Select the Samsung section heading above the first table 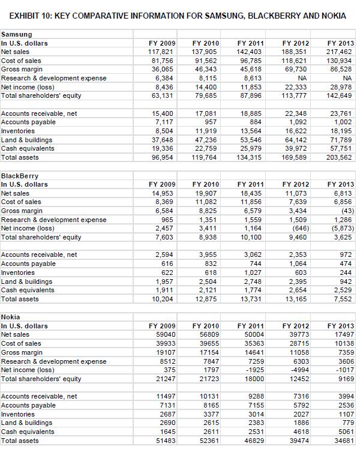[17, 35]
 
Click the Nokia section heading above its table [11, 317]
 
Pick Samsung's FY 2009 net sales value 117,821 [161, 52]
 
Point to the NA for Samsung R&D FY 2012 [304, 78]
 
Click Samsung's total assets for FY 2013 [339, 157]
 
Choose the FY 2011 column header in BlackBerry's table [250, 185]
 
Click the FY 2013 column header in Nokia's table [340, 326]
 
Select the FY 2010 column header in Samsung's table [206, 43]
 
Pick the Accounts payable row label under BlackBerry [29, 264]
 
